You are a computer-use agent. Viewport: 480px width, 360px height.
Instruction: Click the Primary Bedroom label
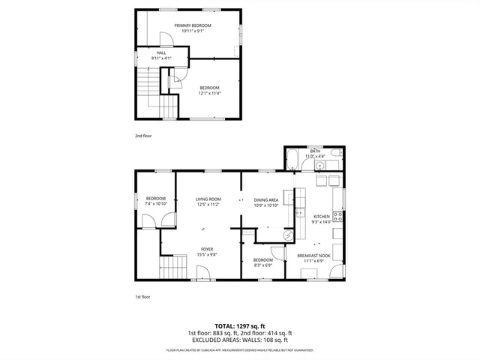tap(193, 25)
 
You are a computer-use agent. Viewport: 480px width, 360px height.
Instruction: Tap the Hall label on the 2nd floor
tap(161, 52)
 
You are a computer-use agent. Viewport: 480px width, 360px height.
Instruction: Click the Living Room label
tap(208, 199)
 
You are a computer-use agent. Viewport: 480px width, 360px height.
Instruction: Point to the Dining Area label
tap(266, 199)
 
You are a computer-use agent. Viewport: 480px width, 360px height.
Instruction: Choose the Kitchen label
tap(321, 216)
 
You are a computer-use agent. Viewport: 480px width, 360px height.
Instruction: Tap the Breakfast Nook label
tap(313, 256)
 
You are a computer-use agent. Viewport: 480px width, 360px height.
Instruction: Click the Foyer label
tap(206, 249)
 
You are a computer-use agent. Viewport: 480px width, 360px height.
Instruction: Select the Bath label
tap(315, 151)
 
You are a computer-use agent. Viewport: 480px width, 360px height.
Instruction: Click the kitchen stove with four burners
tap(337, 217)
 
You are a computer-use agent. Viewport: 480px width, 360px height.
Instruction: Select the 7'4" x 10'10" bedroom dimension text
tap(155, 204)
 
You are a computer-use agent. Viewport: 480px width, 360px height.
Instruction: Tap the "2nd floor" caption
tap(143, 136)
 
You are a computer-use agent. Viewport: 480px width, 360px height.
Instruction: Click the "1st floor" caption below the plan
tap(143, 297)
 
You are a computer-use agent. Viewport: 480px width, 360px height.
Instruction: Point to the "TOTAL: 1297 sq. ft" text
tap(240, 325)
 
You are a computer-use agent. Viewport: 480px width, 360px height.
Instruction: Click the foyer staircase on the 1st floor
tap(174, 265)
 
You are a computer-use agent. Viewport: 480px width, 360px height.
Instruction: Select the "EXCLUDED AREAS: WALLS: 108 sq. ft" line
tap(240, 340)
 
